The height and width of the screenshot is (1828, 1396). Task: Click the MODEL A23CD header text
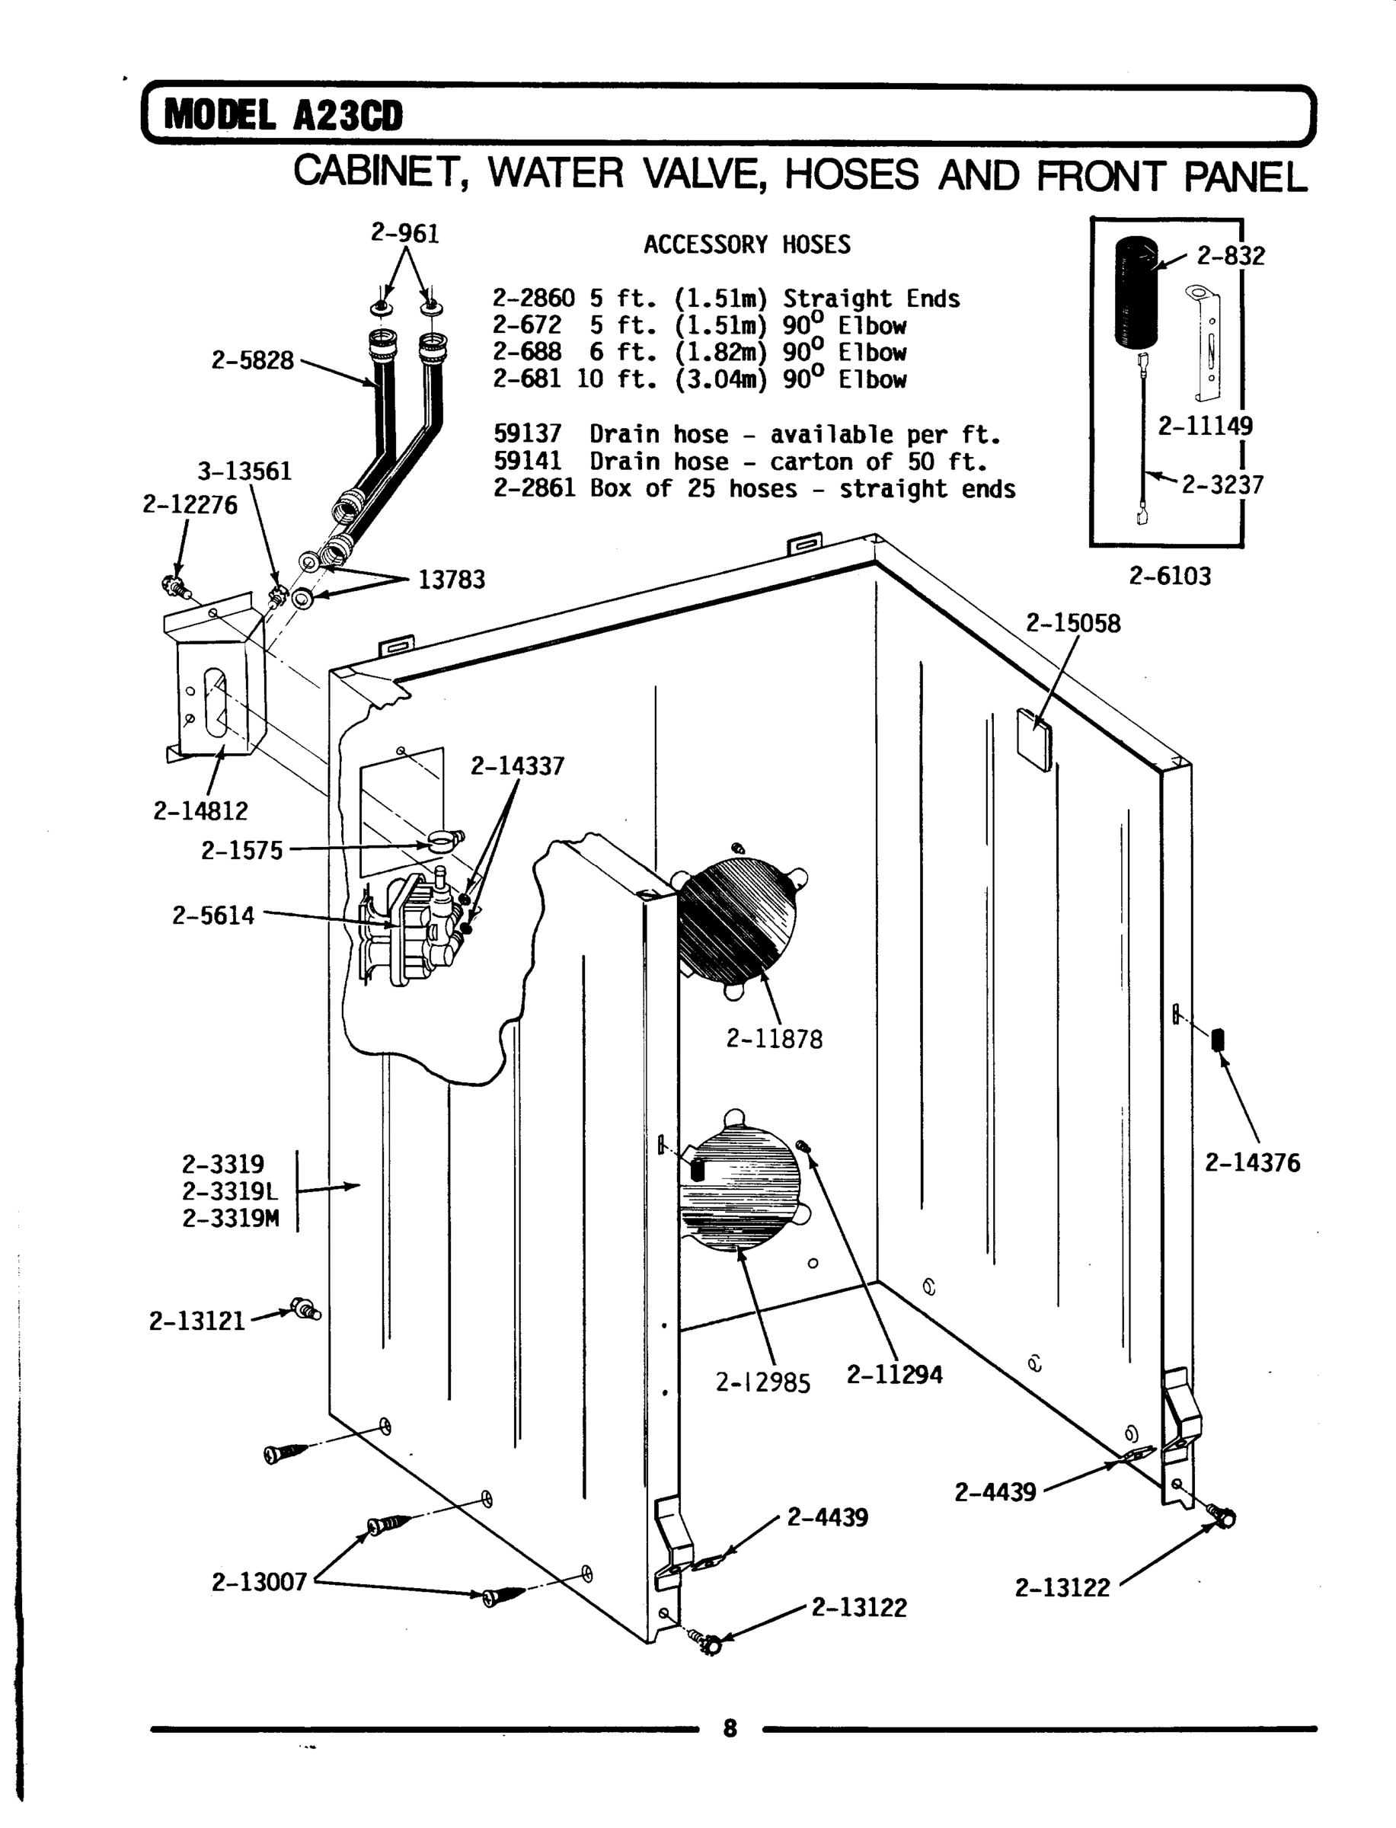pos(283,116)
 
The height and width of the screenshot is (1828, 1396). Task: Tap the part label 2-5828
pos(252,360)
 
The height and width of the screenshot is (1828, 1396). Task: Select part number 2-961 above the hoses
pos(404,234)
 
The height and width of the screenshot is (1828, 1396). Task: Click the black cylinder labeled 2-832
pos(1134,291)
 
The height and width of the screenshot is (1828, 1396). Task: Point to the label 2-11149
pos(1205,427)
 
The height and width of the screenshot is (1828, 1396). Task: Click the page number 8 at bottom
pos(730,1729)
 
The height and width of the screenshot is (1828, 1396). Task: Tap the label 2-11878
pos(775,1039)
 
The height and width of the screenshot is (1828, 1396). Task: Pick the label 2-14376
pos(1252,1162)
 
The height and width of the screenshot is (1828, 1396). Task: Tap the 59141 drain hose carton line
pos(740,461)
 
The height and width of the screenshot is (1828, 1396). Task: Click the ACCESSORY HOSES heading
pos(747,245)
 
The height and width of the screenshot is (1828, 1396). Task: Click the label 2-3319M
pos(230,1218)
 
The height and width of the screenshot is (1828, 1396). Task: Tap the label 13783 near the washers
pos(451,579)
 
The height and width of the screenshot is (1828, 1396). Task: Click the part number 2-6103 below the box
pos(1169,576)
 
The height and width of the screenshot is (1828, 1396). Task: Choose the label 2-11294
pos(894,1375)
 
